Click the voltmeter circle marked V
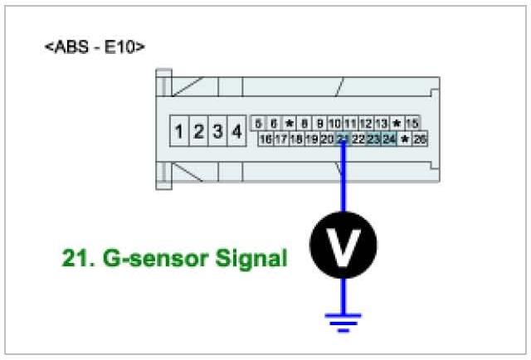click(x=343, y=245)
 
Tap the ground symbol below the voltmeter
click(x=343, y=319)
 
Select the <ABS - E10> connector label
click(x=95, y=47)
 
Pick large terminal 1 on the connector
click(x=179, y=131)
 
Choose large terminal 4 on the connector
click(x=236, y=131)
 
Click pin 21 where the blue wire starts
click(x=343, y=139)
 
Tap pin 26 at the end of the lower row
click(x=420, y=139)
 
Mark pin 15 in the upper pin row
click(x=412, y=124)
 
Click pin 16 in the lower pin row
click(x=266, y=139)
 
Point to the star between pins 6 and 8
click(x=289, y=124)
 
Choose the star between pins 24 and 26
click(x=405, y=139)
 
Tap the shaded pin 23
click(x=374, y=139)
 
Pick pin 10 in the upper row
click(x=334, y=124)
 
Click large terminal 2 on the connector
click(x=198, y=131)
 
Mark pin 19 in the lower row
click(x=312, y=139)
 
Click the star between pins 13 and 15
click(x=397, y=124)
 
